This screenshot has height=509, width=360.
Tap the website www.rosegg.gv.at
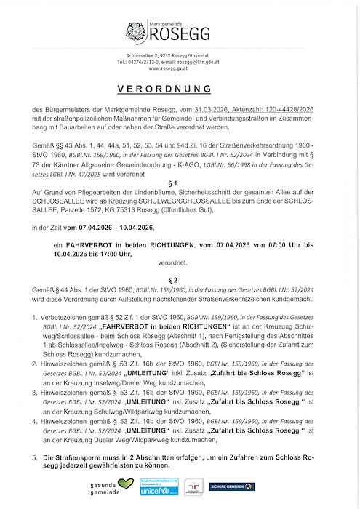180,69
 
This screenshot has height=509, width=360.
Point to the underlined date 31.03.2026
207,108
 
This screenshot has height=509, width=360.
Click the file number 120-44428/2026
294,108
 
